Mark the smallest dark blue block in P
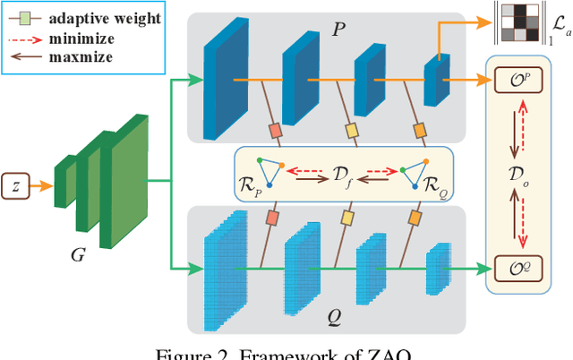coord(436,81)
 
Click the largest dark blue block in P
coord(218,81)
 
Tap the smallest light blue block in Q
coord(435,266)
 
